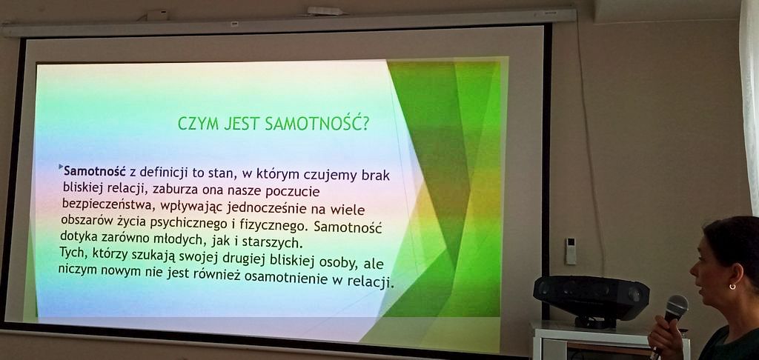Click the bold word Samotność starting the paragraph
(95, 171)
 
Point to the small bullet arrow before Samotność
(61, 167)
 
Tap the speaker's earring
(732, 287)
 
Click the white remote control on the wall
(570, 250)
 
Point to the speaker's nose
(693, 269)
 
